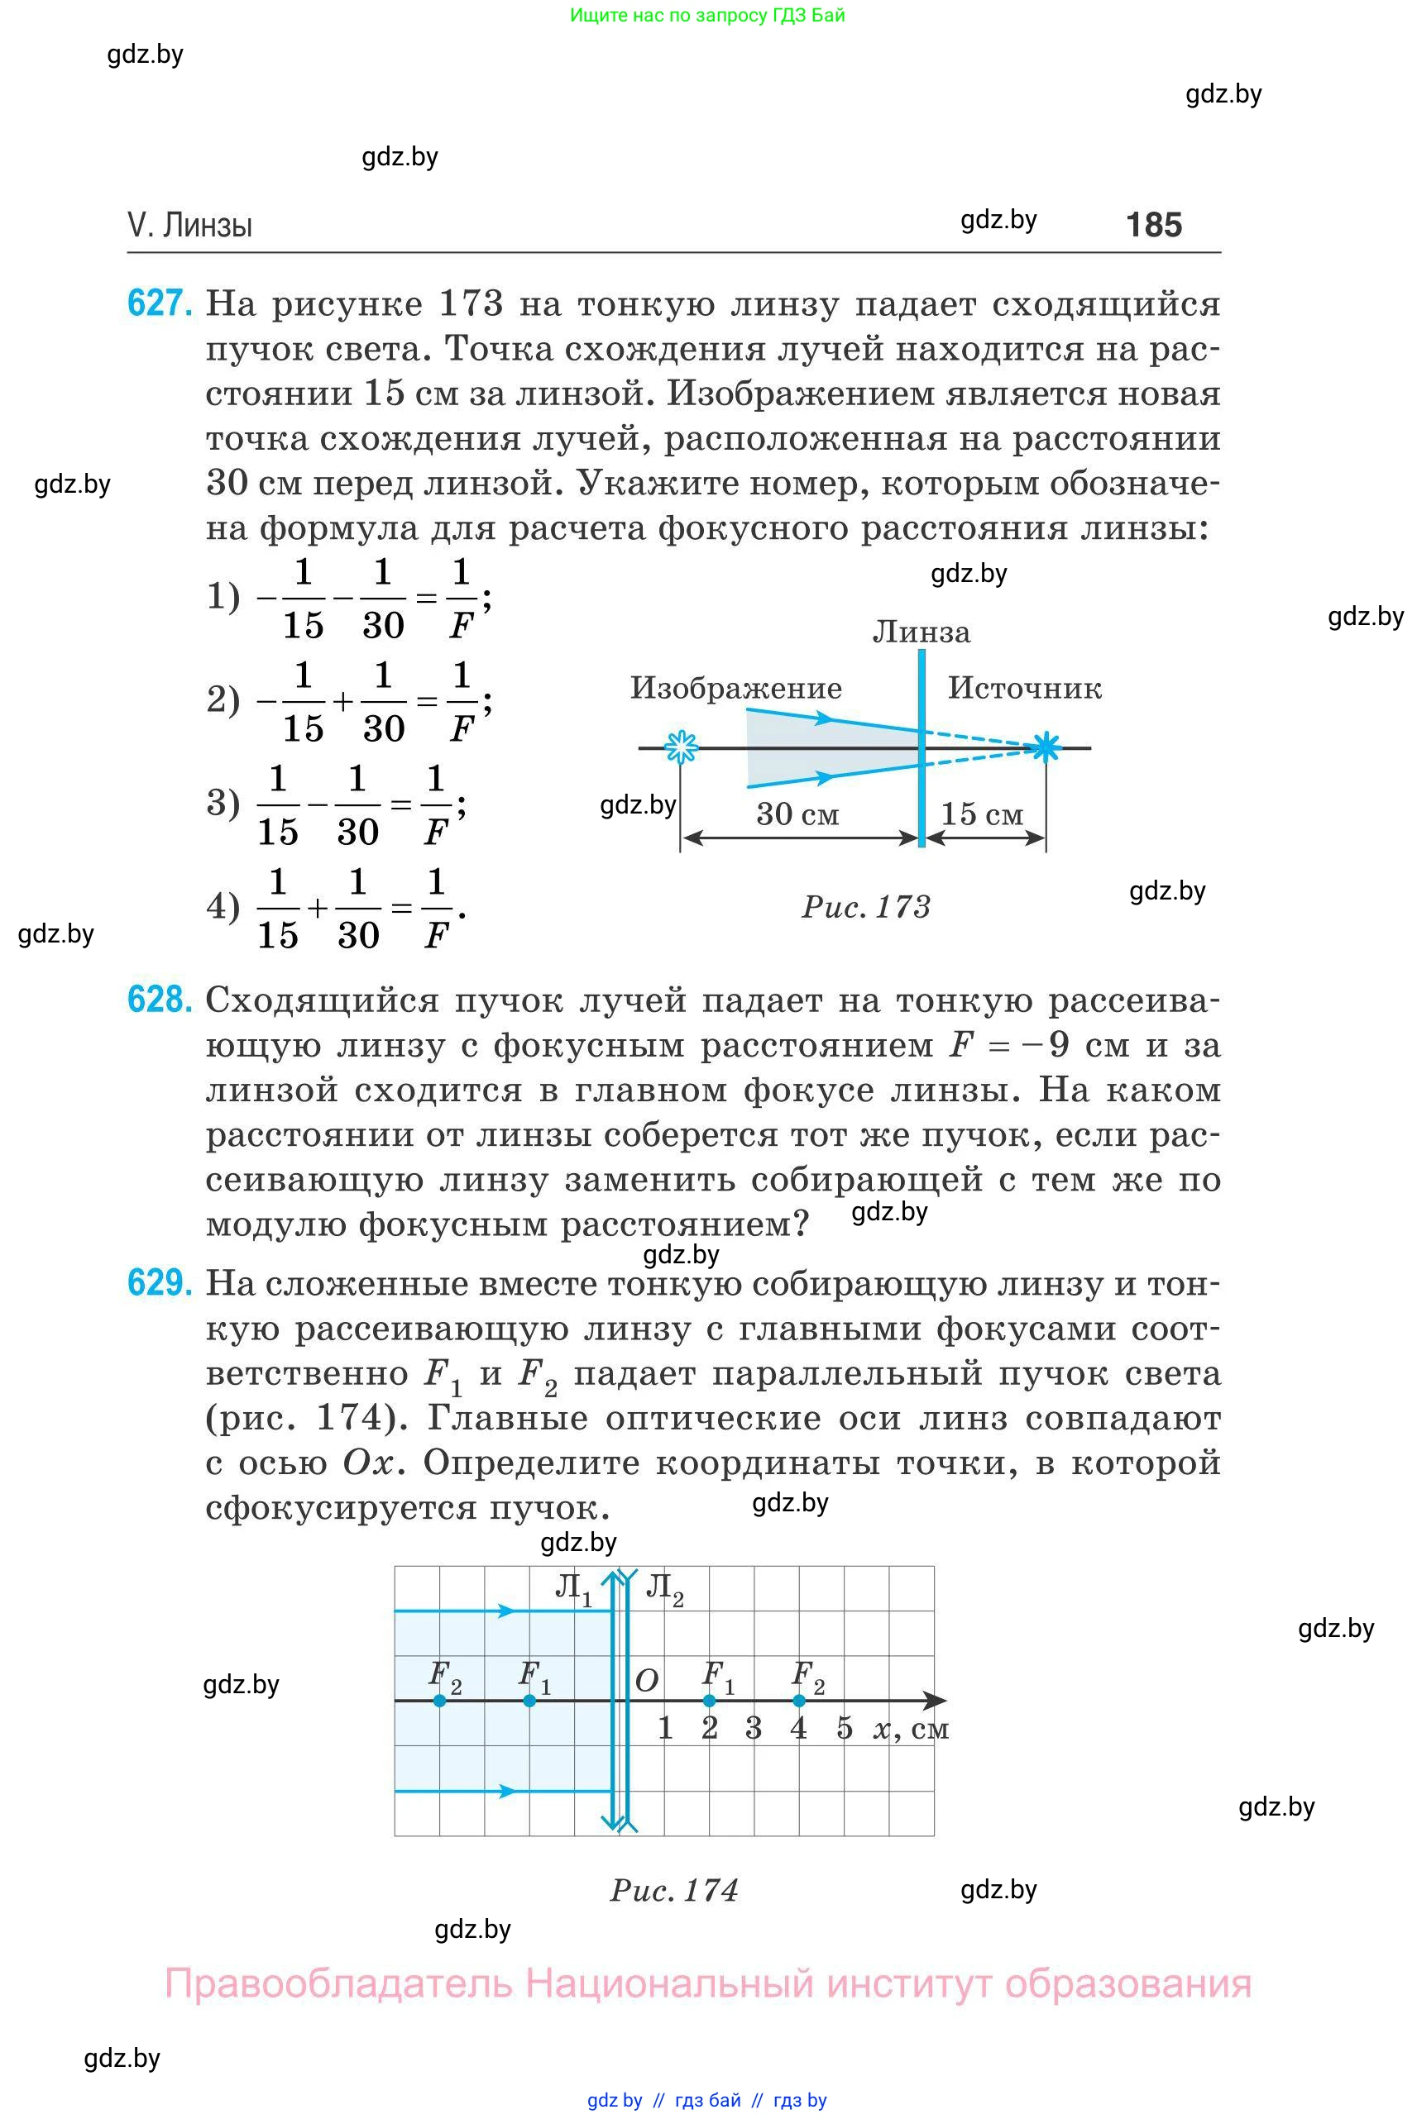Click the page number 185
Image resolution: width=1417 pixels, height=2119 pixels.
[1153, 225]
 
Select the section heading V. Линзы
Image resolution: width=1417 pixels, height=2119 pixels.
[189, 225]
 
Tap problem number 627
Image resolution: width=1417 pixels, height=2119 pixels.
[159, 303]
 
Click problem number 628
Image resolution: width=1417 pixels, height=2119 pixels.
[159, 1000]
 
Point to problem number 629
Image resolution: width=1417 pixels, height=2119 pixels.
[159, 1282]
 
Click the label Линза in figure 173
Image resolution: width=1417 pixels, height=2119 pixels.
[921, 632]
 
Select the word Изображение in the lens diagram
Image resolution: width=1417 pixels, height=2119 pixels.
[735, 688]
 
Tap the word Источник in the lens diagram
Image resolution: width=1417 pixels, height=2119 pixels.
[1024, 688]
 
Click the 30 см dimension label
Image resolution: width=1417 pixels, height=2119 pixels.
[797, 814]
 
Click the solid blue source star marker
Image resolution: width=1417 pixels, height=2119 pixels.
[1046, 747]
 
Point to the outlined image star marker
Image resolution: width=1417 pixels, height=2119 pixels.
[681, 747]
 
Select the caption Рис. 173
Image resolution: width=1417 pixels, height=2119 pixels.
[866, 907]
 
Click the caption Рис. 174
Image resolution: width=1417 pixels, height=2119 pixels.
[674, 1891]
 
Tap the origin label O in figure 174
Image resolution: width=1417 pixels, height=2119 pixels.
[646, 1681]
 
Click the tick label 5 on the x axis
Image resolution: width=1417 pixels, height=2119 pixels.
[844, 1728]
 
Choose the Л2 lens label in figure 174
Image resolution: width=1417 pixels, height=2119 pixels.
[664, 1587]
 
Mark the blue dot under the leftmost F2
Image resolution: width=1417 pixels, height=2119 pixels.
[439, 1701]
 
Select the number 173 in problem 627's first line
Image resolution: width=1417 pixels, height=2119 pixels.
[470, 303]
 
